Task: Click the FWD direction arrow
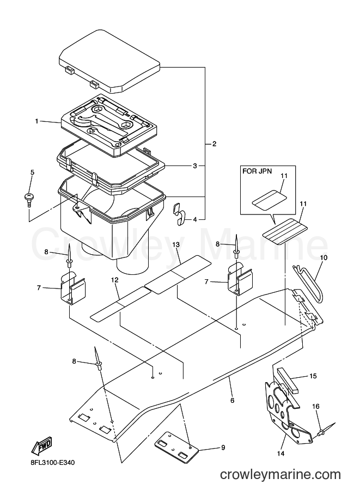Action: coord(41,445)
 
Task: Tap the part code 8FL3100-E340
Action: coord(51,463)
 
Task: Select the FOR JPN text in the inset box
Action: coord(257,171)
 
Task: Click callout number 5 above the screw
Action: coord(32,173)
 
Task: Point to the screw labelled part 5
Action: coord(29,199)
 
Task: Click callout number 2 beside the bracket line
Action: coord(215,144)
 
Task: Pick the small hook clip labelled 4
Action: coord(180,214)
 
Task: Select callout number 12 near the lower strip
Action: coord(114,280)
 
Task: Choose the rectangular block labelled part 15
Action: coord(288,380)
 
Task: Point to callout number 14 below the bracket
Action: coord(280,453)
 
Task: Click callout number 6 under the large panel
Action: coord(232,401)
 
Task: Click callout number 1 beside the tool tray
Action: coord(37,121)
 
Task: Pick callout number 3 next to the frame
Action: coord(195,166)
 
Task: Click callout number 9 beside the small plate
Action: coord(223,447)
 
